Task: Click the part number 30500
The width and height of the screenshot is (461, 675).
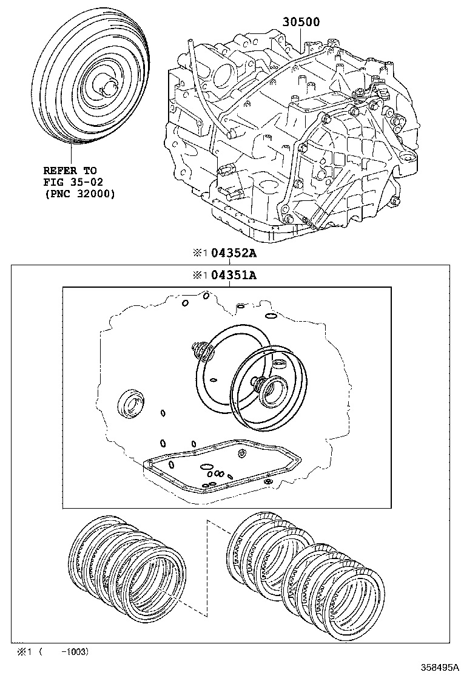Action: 300,22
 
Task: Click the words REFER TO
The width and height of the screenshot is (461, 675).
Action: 70,171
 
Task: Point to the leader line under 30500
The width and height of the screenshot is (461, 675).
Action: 301,39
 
